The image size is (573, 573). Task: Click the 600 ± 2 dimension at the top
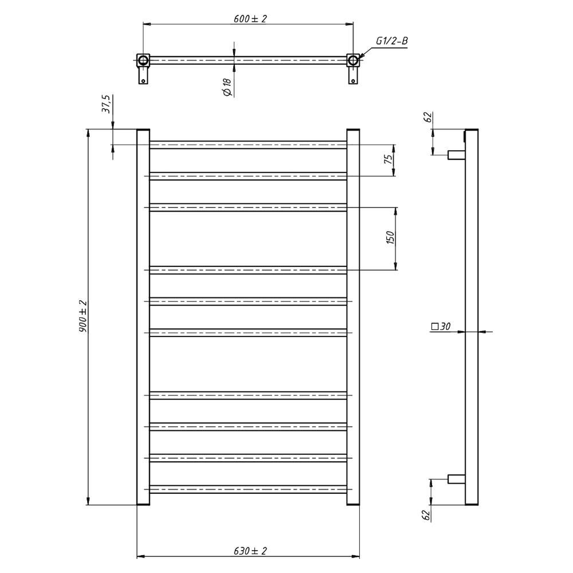[250, 19]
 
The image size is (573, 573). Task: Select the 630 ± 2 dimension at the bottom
[250, 551]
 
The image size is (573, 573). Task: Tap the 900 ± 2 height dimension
[83, 316]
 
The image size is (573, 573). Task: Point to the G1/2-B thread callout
[392, 41]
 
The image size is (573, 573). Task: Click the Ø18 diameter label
[227, 87]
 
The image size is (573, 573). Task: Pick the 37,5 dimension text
[105, 104]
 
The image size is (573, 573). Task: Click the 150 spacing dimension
[390, 238]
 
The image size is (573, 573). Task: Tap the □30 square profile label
[441, 327]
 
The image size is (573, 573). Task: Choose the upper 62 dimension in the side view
[427, 117]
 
